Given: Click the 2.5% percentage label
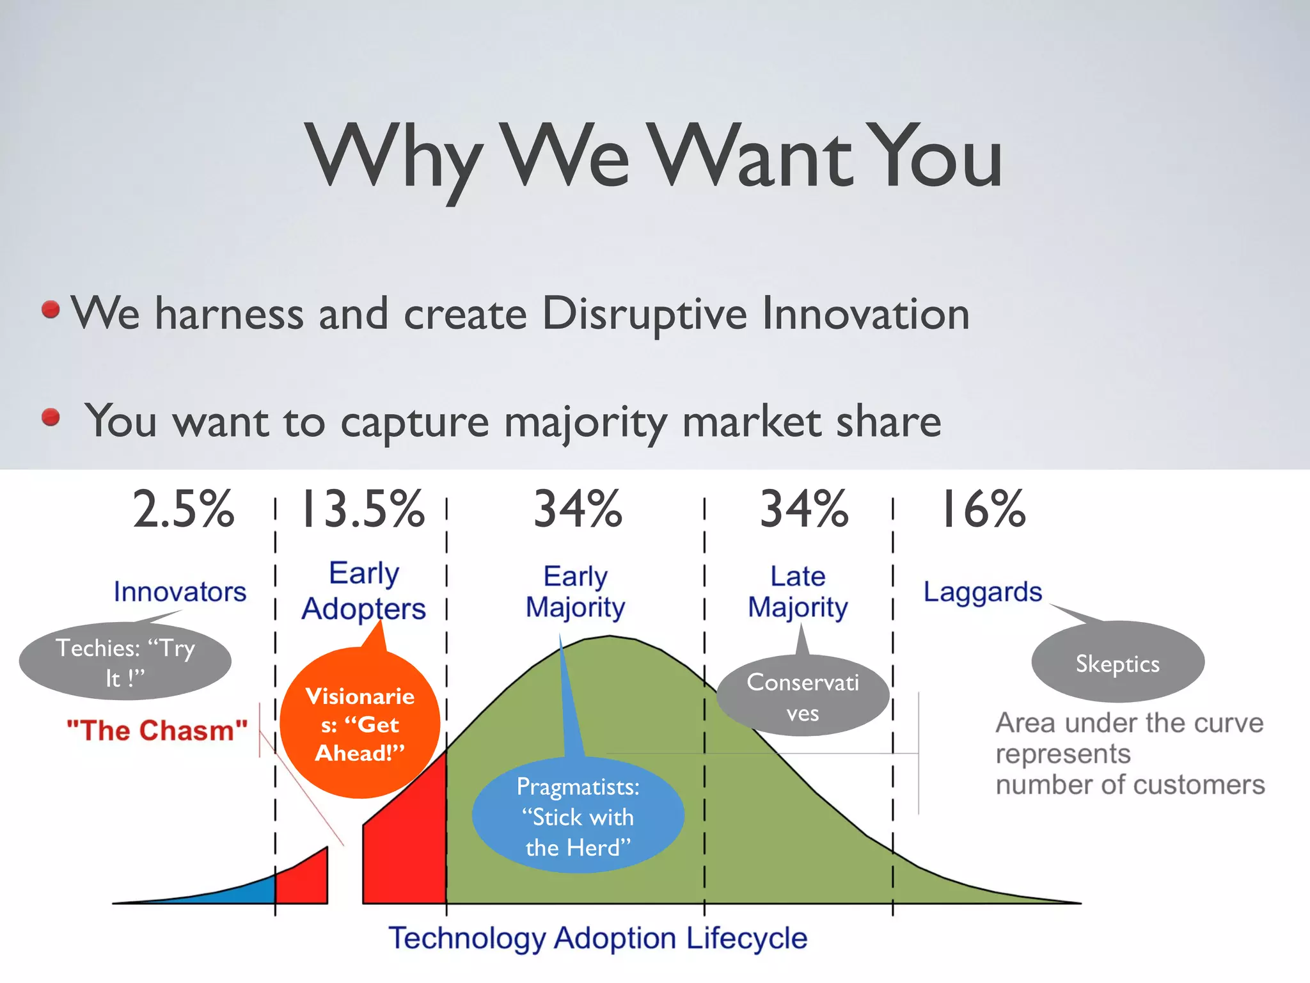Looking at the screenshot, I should (x=184, y=509).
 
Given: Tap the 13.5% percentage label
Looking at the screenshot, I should (x=362, y=509).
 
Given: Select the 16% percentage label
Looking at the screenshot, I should (x=982, y=509).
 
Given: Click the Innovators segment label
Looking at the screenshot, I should (x=180, y=592).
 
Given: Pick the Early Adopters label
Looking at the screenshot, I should (x=363, y=591).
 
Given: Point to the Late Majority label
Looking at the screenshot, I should (x=798, y=591).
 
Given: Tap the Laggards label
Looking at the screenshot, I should (x=982, y=592).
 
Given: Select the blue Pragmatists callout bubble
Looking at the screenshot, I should (x=578, y=817).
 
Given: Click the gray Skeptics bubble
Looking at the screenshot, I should (x=1117, y=664).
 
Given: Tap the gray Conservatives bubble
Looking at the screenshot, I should (x=803, y=697).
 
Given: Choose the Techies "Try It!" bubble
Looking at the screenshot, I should (x=125, y=662).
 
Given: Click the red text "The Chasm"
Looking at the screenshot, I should (x=157, y=730).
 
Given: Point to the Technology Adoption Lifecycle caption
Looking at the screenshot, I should (x=598, y=938).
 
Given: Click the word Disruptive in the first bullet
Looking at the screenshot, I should (x=644, y=314).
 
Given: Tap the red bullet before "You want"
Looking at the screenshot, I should (x=51, y=418).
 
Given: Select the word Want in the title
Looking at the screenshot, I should (x=752, y=157).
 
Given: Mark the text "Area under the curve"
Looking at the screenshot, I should (x=1130, y=723).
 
